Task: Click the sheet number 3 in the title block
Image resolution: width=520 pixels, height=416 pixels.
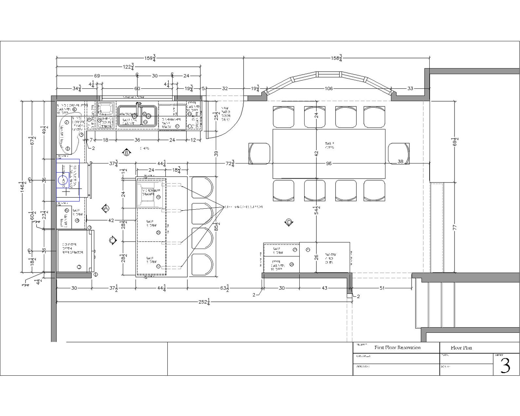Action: coord(505,366)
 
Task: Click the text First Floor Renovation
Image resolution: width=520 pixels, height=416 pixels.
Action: coord(398,348)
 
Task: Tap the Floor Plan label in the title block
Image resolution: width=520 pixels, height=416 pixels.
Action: coord(461,348)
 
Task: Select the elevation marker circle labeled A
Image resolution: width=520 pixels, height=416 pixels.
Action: coord(106,208)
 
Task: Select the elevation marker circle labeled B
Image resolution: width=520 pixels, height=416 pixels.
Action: coord(126,152)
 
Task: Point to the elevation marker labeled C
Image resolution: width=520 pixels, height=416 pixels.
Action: coord(112,240)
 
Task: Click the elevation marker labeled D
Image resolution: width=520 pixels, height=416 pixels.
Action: coord(288,222)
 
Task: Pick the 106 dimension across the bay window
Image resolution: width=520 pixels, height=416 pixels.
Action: coord(329,88)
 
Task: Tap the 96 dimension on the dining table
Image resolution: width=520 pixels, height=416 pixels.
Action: coord(329,163)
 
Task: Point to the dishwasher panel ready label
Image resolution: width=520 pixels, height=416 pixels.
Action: coord(171,123)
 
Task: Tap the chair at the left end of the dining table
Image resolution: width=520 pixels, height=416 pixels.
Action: coord(259,153)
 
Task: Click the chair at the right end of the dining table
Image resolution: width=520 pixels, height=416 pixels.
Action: coord(399,153)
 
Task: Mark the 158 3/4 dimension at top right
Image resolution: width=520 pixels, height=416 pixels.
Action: coord(336,58)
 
